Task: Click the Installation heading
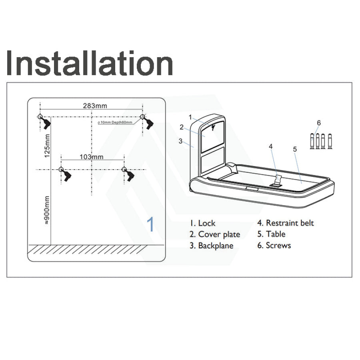(90, 63)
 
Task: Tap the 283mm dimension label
(95, 106)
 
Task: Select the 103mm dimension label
(91, 157)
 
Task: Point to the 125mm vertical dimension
(47, 146)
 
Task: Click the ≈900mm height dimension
(47, 210)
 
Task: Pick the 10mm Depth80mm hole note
(115, 122)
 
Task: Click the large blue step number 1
(150, 224)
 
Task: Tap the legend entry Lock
(202, 223)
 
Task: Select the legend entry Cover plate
(215, 234)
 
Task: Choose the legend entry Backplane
(212, 246)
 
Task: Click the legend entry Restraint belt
(285, 223)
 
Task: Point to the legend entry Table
(271, 234)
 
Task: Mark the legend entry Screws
(274, 246)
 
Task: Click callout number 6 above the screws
(319, 123)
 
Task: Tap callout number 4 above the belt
(271, 146)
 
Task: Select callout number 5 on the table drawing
(295, 149)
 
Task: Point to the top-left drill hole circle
(40, 117)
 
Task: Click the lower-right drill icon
(129, 175)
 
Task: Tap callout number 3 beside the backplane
(180, 141)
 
